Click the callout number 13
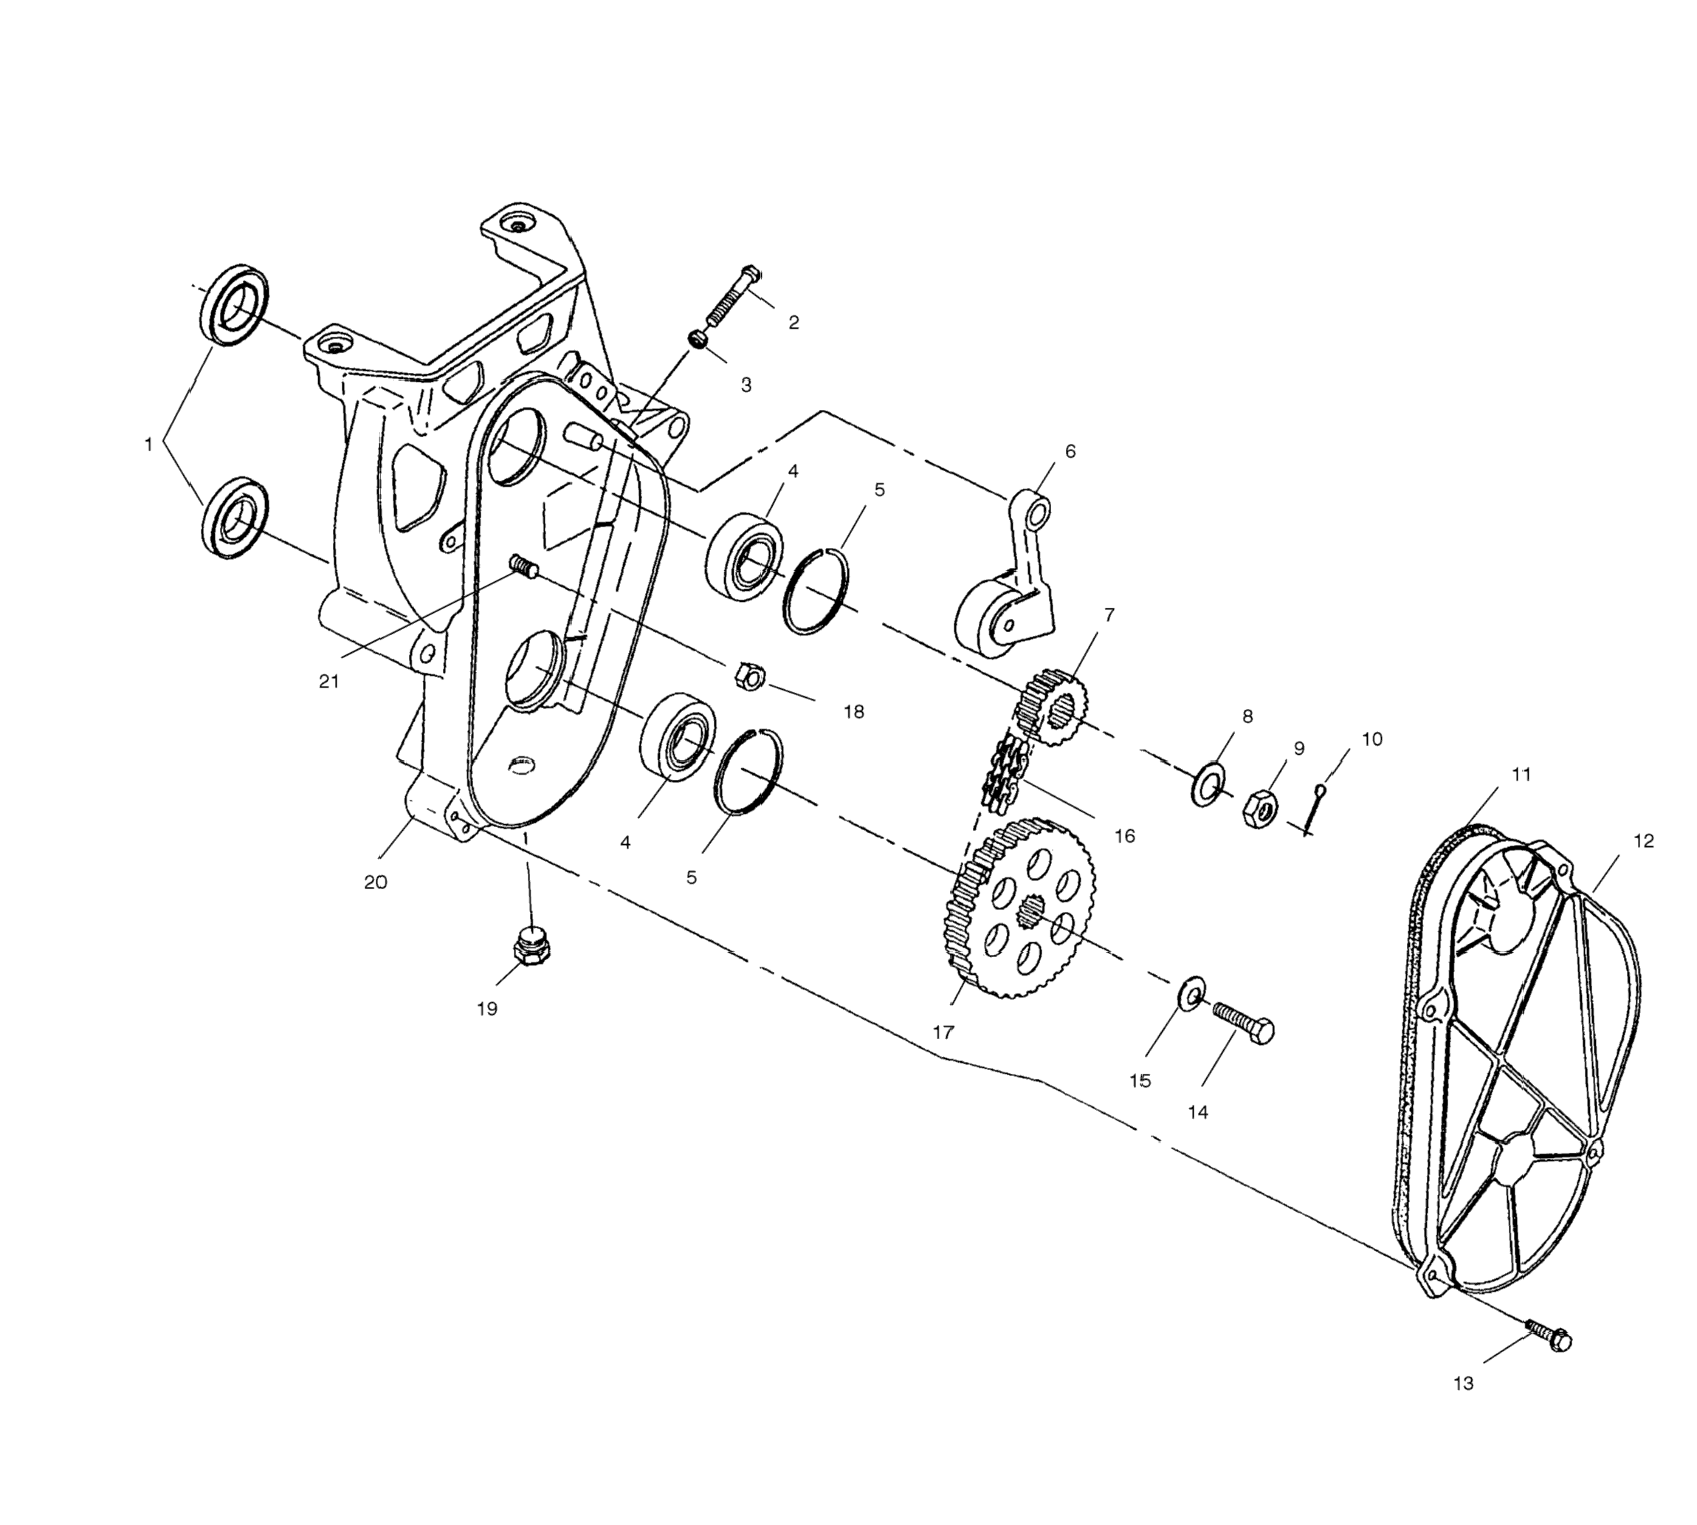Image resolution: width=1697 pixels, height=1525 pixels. (1462, 1383)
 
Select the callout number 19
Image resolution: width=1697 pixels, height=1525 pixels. (486, 1009)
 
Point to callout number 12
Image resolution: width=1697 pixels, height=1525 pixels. (1643, 840)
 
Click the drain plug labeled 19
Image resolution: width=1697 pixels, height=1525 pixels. (530, 947)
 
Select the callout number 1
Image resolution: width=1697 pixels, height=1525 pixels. (148, 445)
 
